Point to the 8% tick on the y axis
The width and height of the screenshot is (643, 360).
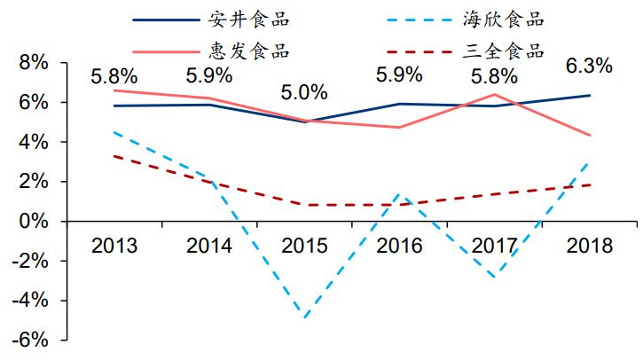(31, 63)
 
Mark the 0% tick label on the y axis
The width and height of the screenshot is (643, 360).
(31, 222)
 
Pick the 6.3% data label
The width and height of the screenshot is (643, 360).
(588, 66)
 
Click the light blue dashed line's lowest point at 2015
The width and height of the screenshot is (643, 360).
(306, 317)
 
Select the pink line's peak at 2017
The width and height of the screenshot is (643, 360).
(493, 94)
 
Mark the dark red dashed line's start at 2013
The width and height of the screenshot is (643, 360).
(114, 156)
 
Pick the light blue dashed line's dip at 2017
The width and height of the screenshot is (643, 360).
(493, 277)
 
